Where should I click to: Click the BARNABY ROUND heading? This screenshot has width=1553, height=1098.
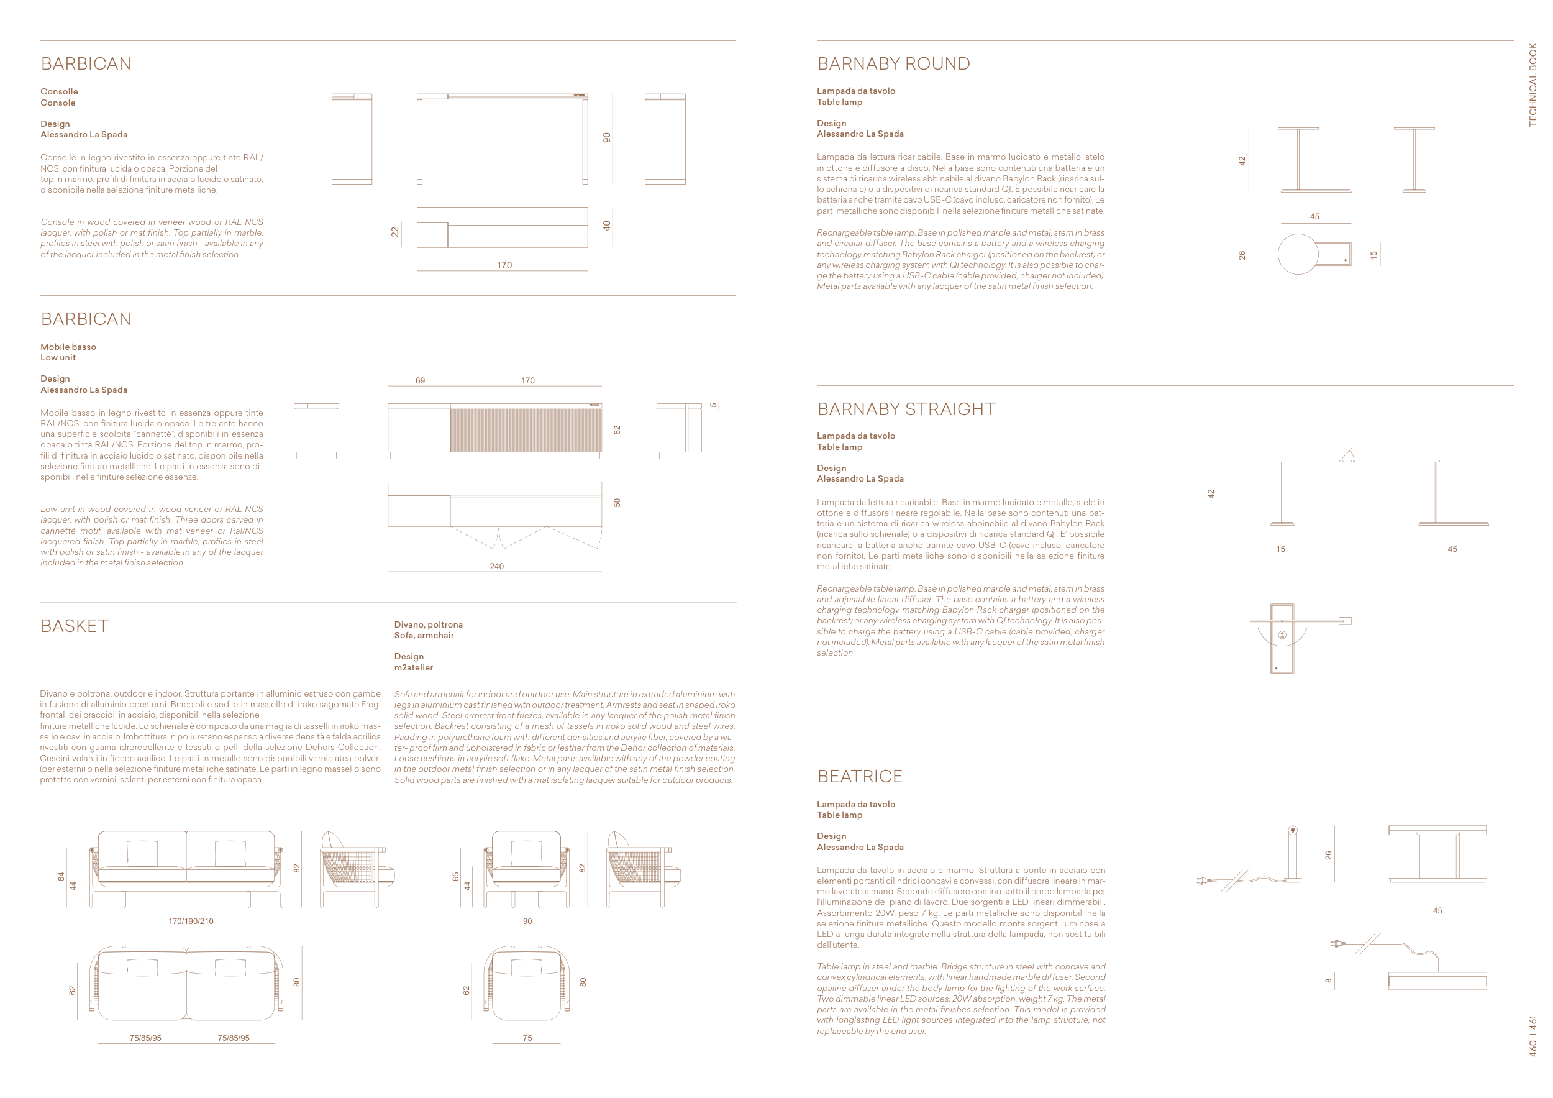893,63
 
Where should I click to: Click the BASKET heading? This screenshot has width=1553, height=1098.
75,626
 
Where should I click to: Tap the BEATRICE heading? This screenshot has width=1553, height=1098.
859,776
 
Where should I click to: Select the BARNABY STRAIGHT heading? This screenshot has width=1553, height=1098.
906,409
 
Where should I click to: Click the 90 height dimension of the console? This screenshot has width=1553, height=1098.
607,137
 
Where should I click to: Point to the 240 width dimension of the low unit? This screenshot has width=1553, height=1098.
496,566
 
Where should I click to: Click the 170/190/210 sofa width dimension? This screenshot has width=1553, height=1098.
191,921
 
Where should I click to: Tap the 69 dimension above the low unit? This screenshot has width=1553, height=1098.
420,381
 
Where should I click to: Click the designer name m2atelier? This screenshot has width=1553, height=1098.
413,668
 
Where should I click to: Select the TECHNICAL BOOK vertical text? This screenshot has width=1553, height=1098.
1533,85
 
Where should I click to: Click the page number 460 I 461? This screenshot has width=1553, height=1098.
1533,1035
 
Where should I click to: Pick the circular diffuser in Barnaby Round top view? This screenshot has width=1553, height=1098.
1297,254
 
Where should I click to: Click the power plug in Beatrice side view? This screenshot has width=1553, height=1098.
1203,881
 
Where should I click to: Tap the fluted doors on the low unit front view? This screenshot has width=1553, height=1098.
526,429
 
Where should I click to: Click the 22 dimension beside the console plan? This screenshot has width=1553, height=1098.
395,232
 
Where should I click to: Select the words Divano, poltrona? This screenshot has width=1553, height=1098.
428,624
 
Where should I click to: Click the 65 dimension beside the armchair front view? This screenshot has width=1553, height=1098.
456,876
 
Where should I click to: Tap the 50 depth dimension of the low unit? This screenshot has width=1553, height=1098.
617,503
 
